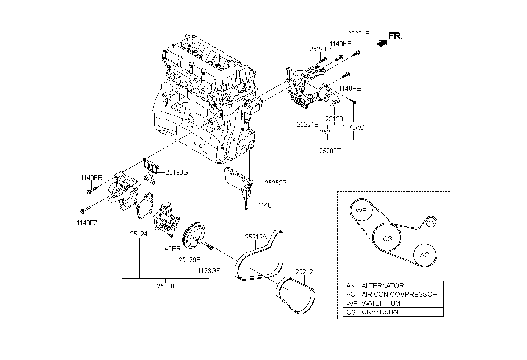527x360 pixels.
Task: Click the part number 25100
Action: tap(166, 286)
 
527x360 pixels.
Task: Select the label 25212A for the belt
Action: tap(256, 237)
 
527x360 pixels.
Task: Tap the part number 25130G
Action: tap(177, 173)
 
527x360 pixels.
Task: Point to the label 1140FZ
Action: tap(87, 223)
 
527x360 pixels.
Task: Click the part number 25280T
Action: tap(330, 151)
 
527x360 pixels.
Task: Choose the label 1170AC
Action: tap(353, 127)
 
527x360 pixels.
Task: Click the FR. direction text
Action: tap(396, 36)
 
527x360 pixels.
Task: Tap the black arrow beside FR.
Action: tap(382, 43)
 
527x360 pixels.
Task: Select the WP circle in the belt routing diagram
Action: tap(361, 210)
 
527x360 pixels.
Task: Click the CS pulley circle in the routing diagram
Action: tap(387, 238)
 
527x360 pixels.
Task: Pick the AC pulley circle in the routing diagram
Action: tap(424, 255)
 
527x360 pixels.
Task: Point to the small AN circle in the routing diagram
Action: tap(430, 222)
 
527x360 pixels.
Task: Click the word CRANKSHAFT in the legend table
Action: tap(383, 312)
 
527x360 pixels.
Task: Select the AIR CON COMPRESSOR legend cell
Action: tap(401, 295)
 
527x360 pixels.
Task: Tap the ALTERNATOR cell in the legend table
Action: tap(401, 286)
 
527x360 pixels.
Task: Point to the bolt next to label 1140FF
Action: tap(246, 205)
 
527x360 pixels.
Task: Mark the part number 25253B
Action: tap(276, 183)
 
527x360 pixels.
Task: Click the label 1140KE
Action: tap(340, 44)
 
